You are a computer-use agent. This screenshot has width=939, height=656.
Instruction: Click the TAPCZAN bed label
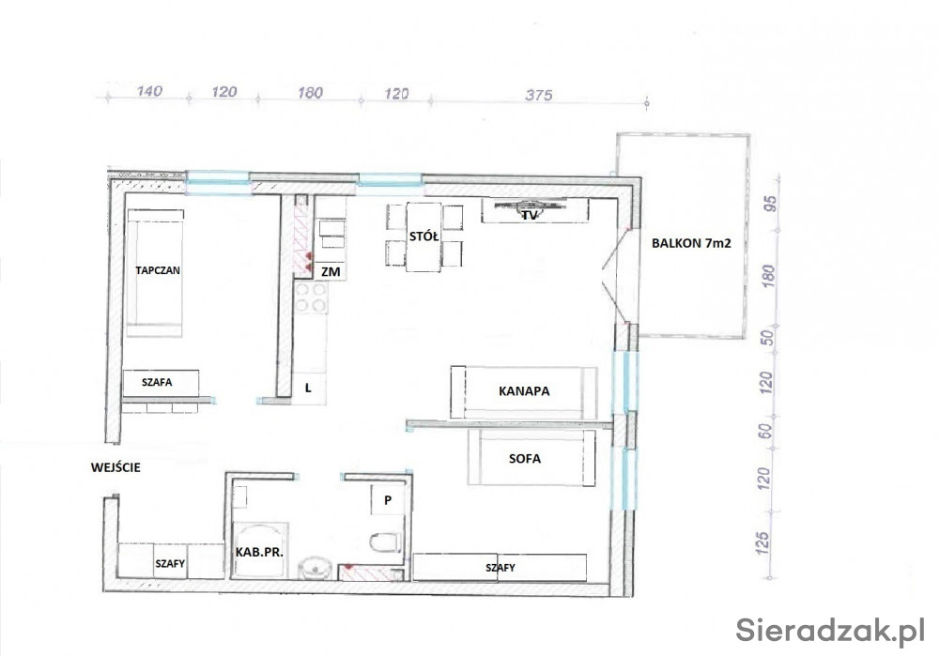[x=158, y=270]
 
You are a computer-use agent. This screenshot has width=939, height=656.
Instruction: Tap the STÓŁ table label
[x=424, y=236]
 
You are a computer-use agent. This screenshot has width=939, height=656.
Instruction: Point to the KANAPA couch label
[x=524, y=390]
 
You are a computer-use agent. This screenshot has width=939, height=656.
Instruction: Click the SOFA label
[x=525, y=459]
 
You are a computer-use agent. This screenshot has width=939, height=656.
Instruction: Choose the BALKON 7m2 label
[x=691, y=243]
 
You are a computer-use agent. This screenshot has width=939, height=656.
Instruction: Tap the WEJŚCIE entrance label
[x=115, y=467]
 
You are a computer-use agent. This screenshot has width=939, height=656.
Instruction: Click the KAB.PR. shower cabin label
[x=259, y=553]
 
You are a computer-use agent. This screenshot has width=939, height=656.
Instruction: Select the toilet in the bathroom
[x=385, y=542]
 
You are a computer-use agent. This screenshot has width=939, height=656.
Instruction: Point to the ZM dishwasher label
[x=331, y=272]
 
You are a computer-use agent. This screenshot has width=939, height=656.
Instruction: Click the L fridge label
[x=308, y=388]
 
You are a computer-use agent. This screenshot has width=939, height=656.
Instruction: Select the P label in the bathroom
[x=388, y=500]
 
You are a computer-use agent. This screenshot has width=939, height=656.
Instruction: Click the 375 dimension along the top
[x=539, y=95]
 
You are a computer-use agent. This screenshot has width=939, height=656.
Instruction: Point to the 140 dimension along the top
[x=149, y=91]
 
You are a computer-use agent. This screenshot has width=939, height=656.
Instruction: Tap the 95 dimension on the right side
[x=771, y=204]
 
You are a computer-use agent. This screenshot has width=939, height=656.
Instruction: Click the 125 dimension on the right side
[x=762, y=542]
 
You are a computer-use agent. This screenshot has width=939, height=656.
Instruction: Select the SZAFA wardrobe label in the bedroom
[x=157, y=382]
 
